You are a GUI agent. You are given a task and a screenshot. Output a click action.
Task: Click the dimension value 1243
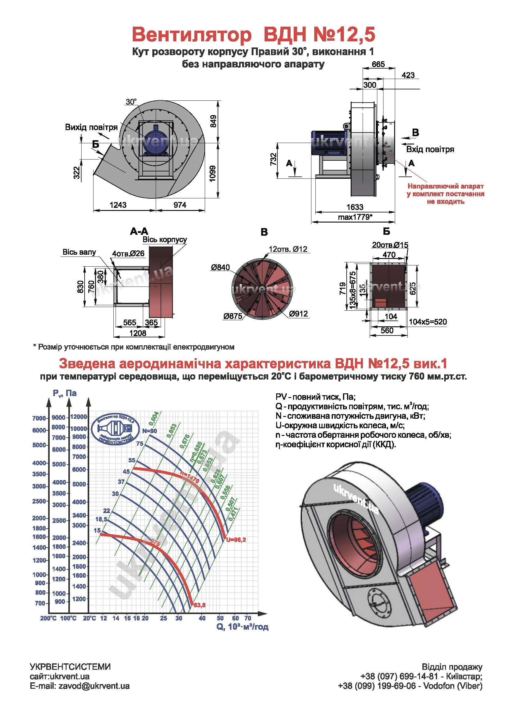118,205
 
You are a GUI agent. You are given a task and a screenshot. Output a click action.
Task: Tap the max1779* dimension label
355,217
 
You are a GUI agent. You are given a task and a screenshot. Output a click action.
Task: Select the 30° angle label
131,102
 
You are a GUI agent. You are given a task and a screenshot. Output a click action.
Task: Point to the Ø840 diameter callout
220,267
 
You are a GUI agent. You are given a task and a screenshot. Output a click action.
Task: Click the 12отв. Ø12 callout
288,249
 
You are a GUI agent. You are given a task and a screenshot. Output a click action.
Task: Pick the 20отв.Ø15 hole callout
390,245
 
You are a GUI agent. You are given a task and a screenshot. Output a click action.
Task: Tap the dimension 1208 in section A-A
138,333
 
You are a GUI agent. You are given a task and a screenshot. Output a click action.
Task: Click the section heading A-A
139,231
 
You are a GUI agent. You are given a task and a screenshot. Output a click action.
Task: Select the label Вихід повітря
91,127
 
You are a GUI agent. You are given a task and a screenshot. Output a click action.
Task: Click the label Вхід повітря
430,149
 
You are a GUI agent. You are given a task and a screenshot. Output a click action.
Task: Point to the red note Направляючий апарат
445,186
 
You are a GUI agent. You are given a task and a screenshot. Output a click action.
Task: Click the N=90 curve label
150,431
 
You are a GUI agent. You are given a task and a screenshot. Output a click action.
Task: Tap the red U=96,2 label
236,540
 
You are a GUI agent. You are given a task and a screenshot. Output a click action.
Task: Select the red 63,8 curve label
200,605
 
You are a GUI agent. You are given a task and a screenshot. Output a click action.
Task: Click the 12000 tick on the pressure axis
78,417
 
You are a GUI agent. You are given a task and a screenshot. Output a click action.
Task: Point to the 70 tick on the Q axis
248,618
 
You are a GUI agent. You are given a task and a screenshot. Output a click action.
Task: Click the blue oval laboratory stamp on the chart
115,429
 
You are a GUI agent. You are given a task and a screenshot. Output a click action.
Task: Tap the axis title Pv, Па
65,393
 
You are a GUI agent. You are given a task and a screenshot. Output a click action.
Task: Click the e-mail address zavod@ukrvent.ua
94,686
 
